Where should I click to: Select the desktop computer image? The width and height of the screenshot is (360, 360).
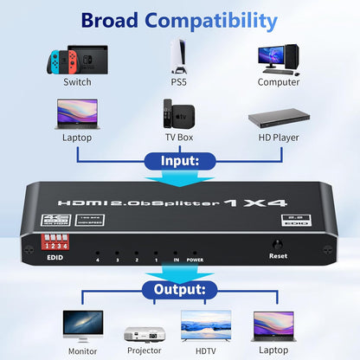click(279, 56)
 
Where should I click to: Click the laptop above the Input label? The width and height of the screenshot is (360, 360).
click(76, 115)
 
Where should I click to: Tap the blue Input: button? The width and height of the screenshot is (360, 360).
click(180, 160)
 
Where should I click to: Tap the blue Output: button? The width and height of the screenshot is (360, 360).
click(180, 290)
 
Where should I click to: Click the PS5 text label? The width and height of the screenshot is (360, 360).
click(180, 82)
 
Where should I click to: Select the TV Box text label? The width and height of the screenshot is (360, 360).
click(180, 137)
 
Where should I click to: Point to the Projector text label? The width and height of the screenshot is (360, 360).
click(145, 350)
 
